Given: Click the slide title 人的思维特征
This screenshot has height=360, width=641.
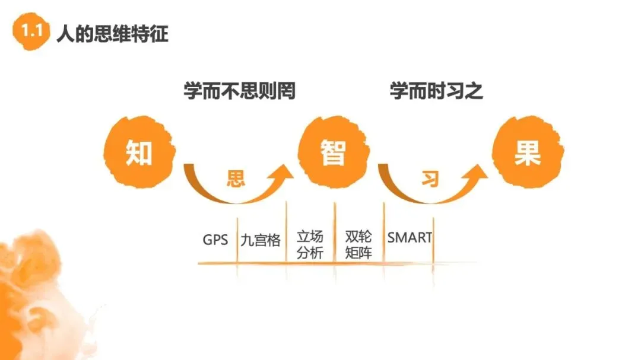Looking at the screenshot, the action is pos(112,33).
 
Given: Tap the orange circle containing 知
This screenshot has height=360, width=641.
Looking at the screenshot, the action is pos(139,153).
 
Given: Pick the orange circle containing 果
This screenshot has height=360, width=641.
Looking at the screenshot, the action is pos(527,153).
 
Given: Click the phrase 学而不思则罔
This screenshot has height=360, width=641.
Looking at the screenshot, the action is pos(239,91).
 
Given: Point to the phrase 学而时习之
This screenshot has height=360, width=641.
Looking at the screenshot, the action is pos(436,91).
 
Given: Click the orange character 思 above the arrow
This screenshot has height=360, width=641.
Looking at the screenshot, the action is pos(236,179).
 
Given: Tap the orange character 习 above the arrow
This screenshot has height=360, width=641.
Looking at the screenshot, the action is pos(429,179).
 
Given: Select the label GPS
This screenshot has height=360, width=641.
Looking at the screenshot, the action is pos(215,240).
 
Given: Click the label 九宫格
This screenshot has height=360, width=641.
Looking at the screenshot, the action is pos(261,240).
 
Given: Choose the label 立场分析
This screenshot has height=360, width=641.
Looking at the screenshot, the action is pos(309,244).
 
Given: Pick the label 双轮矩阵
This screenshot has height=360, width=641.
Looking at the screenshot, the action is pos(358,244).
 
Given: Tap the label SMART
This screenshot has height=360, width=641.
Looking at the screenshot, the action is pos(410,238).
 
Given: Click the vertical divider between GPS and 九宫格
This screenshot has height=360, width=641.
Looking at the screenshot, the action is pos(237,240).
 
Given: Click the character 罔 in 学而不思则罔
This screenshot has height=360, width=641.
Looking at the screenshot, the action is pos(287,91).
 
